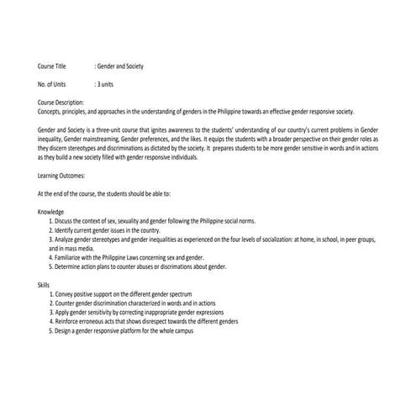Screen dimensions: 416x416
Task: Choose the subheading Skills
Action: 44,285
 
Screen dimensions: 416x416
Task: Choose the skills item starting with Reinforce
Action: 143,322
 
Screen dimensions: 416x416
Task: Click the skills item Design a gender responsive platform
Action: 126,331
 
